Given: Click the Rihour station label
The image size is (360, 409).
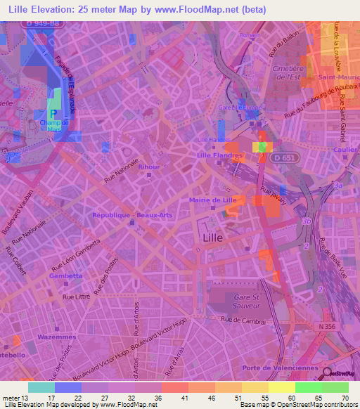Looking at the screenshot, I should click(x=149, y=167).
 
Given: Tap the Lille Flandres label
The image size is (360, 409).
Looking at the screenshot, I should click(x=215, y=155).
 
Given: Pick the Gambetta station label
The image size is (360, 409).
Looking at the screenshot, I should click(x=66, y=276).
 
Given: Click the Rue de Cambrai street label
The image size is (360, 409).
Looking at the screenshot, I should click(x=243, y=320).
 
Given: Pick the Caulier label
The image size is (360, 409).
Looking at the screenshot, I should click(x=347, y=150).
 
